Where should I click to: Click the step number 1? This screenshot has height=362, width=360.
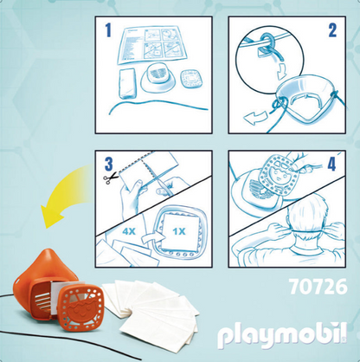coord(109,31)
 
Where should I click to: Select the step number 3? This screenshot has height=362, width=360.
coord(108,163)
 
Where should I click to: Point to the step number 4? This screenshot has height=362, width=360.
coord(331,163)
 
